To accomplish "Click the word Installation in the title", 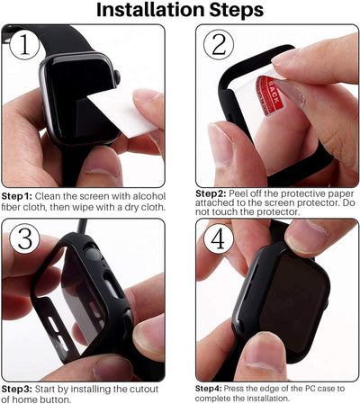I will click(x=144, y=11).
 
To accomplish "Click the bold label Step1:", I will click(x=17, y=195).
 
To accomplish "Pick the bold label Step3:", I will click(x=17, y=388).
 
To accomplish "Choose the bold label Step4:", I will click(x=211, y=388).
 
